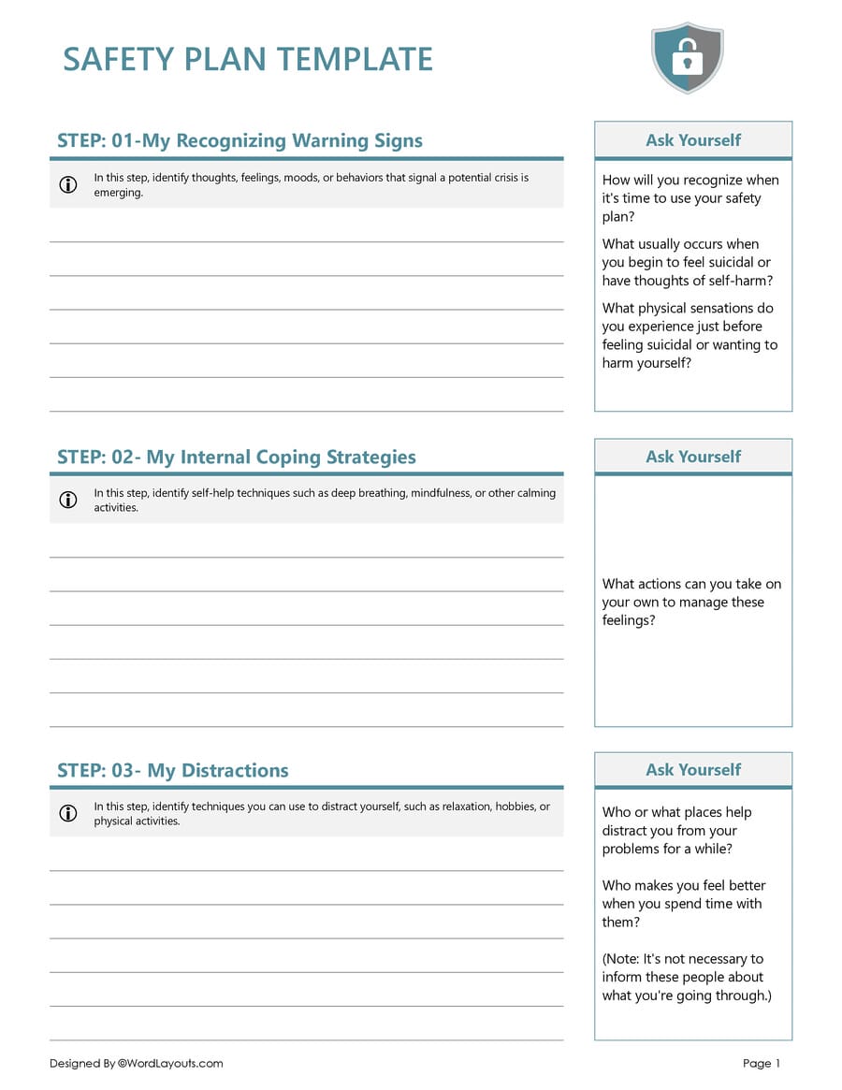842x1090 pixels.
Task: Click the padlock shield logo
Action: coord(687,58)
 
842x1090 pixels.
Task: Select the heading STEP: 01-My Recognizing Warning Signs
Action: coord(240,141)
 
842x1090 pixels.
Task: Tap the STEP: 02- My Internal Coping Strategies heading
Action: coord(236,458)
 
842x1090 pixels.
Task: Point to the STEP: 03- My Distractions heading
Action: coord(172,771)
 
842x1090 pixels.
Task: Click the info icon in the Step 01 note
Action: coord(68,184)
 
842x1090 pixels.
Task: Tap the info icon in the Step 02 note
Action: coord(68,500)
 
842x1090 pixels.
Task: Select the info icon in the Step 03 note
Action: coord(68,813)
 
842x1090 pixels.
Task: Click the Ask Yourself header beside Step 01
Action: coord(692,140)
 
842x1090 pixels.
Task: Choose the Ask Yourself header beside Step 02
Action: coord(692,457)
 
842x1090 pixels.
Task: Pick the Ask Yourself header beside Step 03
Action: coord(692,770)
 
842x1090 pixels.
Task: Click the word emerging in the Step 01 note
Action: coord(118,193)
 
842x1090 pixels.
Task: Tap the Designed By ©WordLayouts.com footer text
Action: coord(137,1064)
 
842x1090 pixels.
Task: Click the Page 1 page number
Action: coord(761,1064)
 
